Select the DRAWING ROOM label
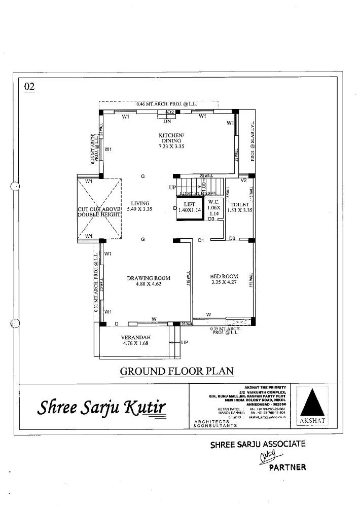pyautogui.click(x=148, y=278)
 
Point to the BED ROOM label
pyautogui.click(x=224, y=276)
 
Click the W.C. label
pyautogui.click(x=213, y=201)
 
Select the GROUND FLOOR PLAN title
pyautogui.click(x=176, y=371)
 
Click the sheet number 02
pyautogui.click(x=29, y=87)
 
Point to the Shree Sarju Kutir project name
pyautogui.click(x=101, y=408)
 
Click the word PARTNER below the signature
pyautogui.click(x=287, y=467)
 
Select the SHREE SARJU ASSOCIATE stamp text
pyautogui.click(x=258, y=445)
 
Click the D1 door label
pyautogui.click(x=201, y=240)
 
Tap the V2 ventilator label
pyautogui.click(x=243, y=180)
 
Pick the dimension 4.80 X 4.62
pyautogui.click(x=148, y=284)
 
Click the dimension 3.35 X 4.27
pyautogui.click(x=224, y=283)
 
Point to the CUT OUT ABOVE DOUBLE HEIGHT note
pyautogui.click(x=99, y=212)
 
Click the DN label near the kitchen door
pyautogui.click(x=167, y=122)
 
